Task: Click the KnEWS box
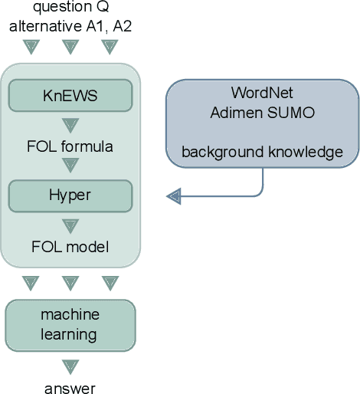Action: pos(70,96)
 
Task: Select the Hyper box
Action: pos(70,195)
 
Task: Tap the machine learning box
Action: pos(70,324)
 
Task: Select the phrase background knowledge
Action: pos(262,153)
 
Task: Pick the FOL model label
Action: pos(70,246)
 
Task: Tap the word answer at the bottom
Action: pos(70,389)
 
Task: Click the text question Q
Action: pos(70,8)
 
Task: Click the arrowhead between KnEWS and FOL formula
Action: pos(70,124)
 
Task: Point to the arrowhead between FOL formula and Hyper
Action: pos(70,165)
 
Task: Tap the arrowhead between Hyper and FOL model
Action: pos(70,226)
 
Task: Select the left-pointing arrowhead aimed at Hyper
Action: pos(174,197)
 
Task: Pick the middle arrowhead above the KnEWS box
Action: pos(70,48)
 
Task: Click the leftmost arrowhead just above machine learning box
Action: pos(30,283)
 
